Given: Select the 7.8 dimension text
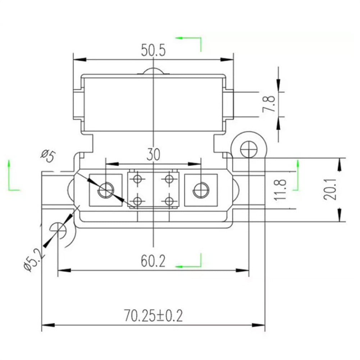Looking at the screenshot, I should coord(270,104).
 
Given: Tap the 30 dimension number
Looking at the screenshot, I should coord(153,155).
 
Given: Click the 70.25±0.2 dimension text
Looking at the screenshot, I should coord(154,316).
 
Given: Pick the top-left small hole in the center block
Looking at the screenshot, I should coord(137,179).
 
